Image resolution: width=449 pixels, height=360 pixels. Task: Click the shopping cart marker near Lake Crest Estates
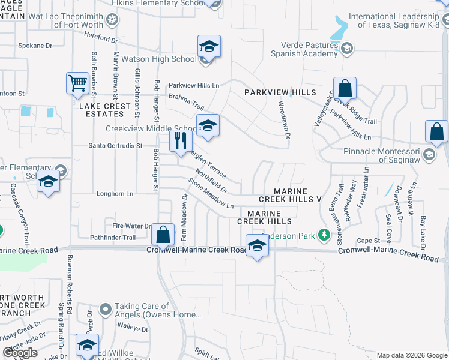[77, 83]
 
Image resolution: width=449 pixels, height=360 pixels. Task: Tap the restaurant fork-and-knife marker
[181, 141]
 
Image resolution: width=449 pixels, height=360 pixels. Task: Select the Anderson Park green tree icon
[324, 234]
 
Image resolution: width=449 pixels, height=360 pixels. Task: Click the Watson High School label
[159, 59]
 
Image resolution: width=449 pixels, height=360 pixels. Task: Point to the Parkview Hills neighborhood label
[280, 92]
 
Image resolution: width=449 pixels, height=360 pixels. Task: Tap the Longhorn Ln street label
[114, 194]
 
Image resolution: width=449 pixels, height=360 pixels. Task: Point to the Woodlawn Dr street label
[283, 120]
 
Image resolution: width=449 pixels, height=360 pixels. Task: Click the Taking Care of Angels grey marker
[106, 310]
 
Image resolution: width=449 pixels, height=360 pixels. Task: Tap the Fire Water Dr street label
[130, 226]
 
